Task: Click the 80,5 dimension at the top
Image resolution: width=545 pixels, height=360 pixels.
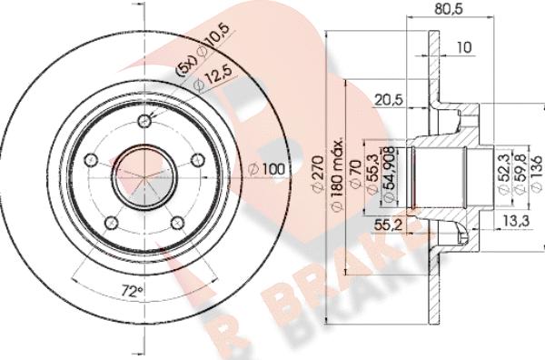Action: (x=449, y=8)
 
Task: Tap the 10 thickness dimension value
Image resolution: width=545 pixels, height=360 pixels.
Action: (x=463, y=47)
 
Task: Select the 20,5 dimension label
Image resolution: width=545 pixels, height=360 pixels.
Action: (x=388, y=100)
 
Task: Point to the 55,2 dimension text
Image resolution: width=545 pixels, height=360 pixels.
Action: (x=388, y=225)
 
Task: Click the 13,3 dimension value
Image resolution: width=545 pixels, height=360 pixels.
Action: (x=516, y=220)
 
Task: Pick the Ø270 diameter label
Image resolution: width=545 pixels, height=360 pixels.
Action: (x=318, y=174)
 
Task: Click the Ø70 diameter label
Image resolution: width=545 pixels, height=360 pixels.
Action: (x=355, y=174)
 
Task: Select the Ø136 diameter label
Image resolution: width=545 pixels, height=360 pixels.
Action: (x=536, y=173)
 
